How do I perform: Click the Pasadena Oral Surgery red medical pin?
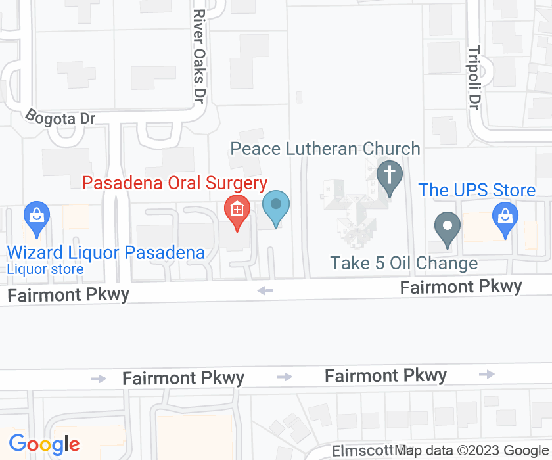[237, 210]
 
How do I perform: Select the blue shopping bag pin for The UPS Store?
[505, 217]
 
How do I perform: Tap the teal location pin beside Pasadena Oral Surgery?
[276, 205]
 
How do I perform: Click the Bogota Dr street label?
[60, 117]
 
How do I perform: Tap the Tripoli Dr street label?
[474, 77]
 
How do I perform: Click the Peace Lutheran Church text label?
[325, 149]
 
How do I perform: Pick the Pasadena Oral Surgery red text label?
[174, 183]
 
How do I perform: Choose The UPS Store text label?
[477, 191]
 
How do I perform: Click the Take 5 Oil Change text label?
[403, 264]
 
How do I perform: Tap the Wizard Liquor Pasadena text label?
[106, 252]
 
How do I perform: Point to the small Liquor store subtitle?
[45, 269]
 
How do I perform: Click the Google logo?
[45, 445]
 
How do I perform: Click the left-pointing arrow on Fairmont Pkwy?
[265, 290]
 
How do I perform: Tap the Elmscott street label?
[361, 451]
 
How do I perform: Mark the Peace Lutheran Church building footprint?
[352, 210]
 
